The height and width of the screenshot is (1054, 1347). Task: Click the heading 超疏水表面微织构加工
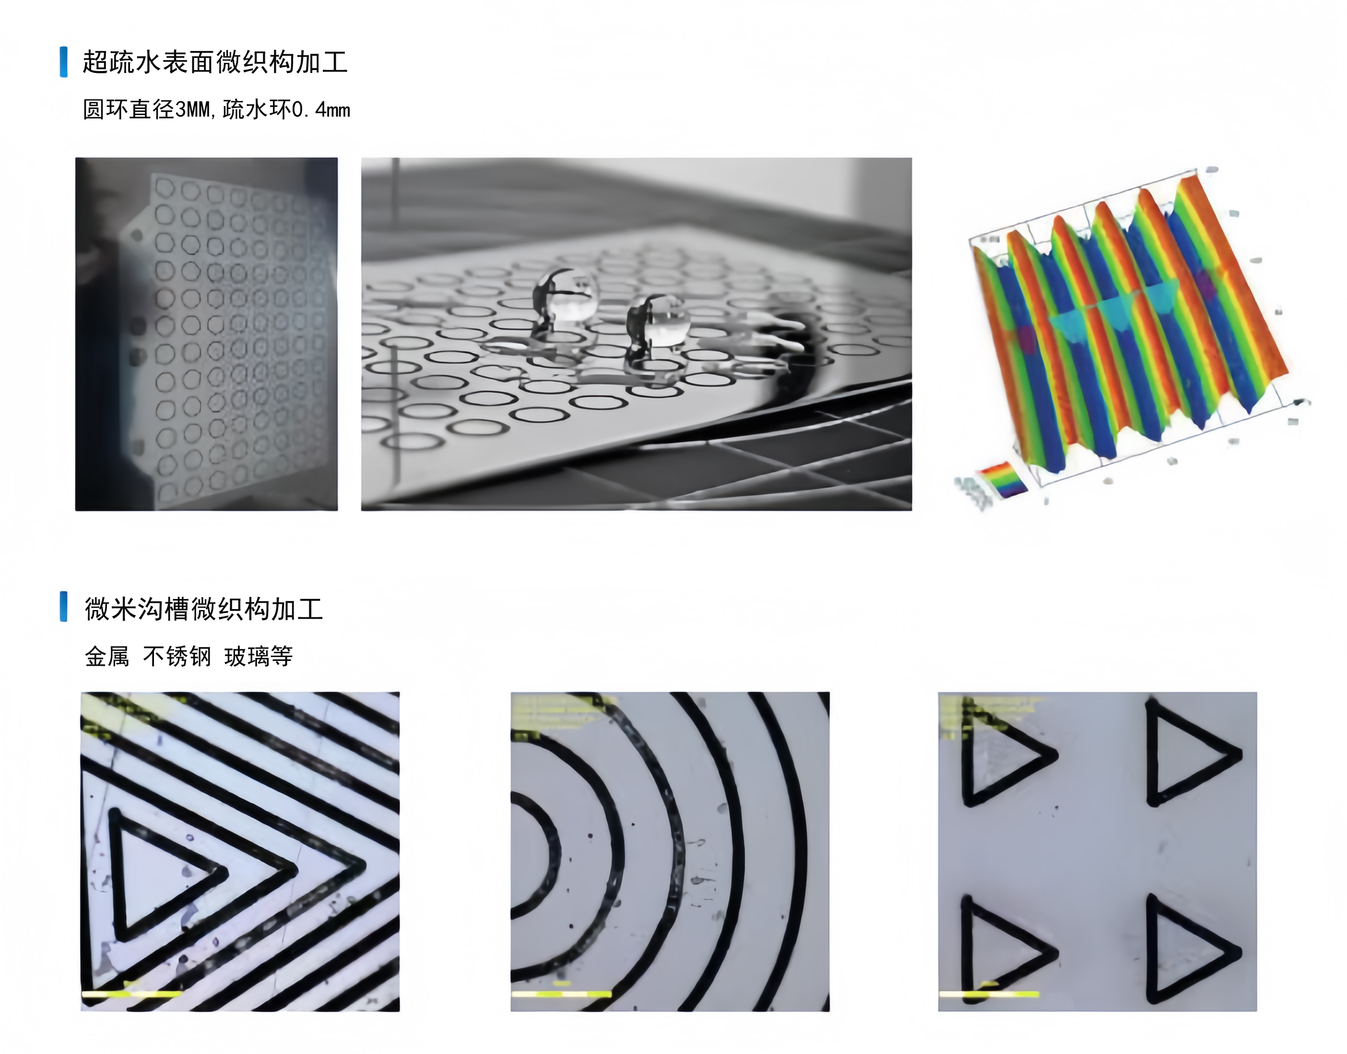[214, 62]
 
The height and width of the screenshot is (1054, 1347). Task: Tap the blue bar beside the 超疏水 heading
[63, 62]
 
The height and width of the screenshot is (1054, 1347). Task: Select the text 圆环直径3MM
[147, 110]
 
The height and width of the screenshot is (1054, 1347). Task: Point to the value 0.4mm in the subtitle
[321, 110]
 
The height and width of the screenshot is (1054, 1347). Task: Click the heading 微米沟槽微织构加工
[203, 609]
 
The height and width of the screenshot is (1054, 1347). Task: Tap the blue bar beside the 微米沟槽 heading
[63, 607]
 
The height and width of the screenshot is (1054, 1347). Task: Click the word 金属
[106, 656]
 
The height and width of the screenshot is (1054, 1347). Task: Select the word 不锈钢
[177, 656]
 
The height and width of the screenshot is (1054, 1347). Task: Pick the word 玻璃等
[259, 656]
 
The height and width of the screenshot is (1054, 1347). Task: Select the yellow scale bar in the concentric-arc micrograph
[561, 994]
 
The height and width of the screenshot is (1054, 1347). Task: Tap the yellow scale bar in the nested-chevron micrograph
[132, 994]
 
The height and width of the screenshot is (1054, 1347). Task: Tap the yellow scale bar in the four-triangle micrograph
[989, 994]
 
